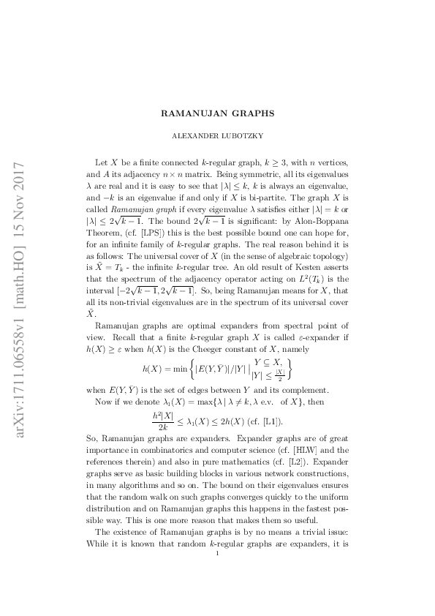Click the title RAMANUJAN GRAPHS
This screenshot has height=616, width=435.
pos(218,114)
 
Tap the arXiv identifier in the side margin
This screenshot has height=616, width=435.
pos(20,307)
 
